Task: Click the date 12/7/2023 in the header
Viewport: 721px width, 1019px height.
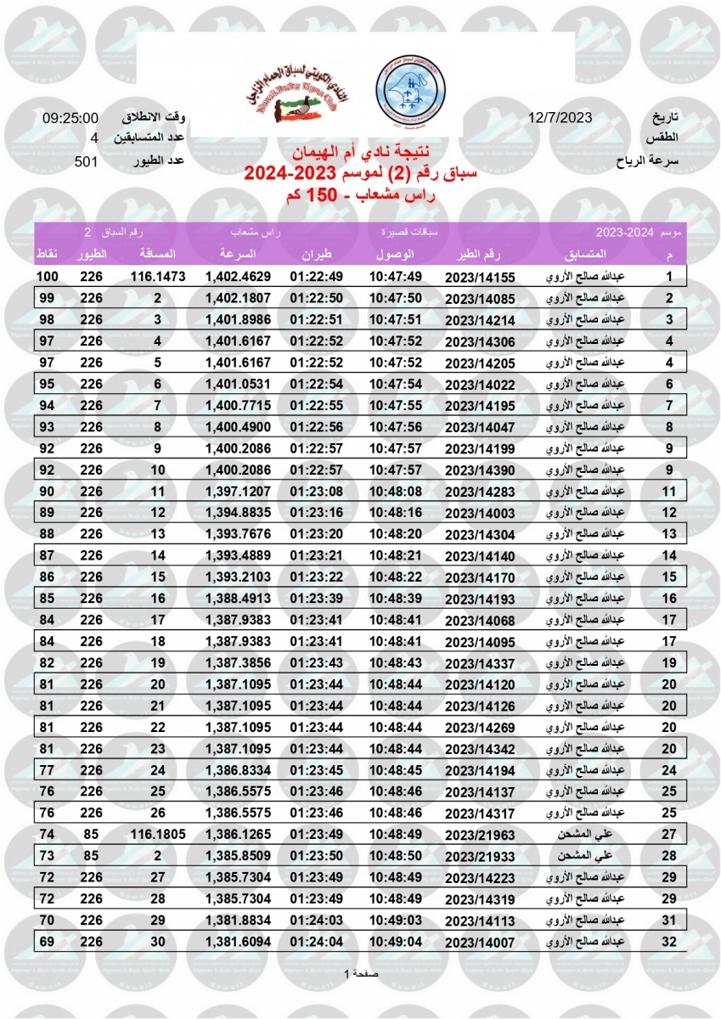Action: (560, 118)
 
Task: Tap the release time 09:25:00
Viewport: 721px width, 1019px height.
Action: (70, 118)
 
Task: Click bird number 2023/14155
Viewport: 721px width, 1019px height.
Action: (480, 277)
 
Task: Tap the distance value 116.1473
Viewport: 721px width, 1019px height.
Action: (158, 277)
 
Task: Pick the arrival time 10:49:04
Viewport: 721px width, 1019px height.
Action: (396, 941)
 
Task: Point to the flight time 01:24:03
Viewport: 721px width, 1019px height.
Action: (316, 920)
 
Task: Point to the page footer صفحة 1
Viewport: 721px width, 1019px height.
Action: (360, 973)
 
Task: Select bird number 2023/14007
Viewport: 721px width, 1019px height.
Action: (480, 941)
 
